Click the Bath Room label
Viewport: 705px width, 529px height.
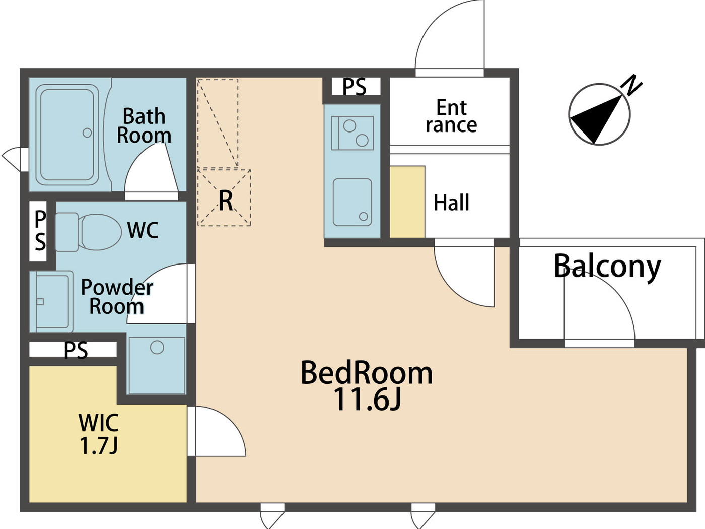click(x=144, y=126)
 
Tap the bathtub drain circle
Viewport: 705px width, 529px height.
click(x=87, y=133)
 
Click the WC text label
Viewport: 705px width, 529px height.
click(x=143, y=230)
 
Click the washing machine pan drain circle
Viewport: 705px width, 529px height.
click(x=157, y=347)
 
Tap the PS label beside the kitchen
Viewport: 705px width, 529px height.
click(x=355, y=87)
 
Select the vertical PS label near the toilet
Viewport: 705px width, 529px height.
click(x=39, y=231)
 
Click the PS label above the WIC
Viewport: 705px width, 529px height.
click(x=76, y=350)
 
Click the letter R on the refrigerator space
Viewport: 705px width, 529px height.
click(x=226, y=201)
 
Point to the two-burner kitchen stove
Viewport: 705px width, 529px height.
click(x=352, y=133)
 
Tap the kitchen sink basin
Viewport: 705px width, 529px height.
click(x=352, y=202)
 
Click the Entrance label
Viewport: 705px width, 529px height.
click(x=451, y=116)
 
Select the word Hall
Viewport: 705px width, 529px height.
click(x=452, y=203)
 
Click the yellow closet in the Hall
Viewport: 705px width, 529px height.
click(x=407, y=202)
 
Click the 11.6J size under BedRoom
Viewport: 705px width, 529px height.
click(x=367, y=399)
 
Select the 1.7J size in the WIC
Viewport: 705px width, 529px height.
click(x=99, y=446)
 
